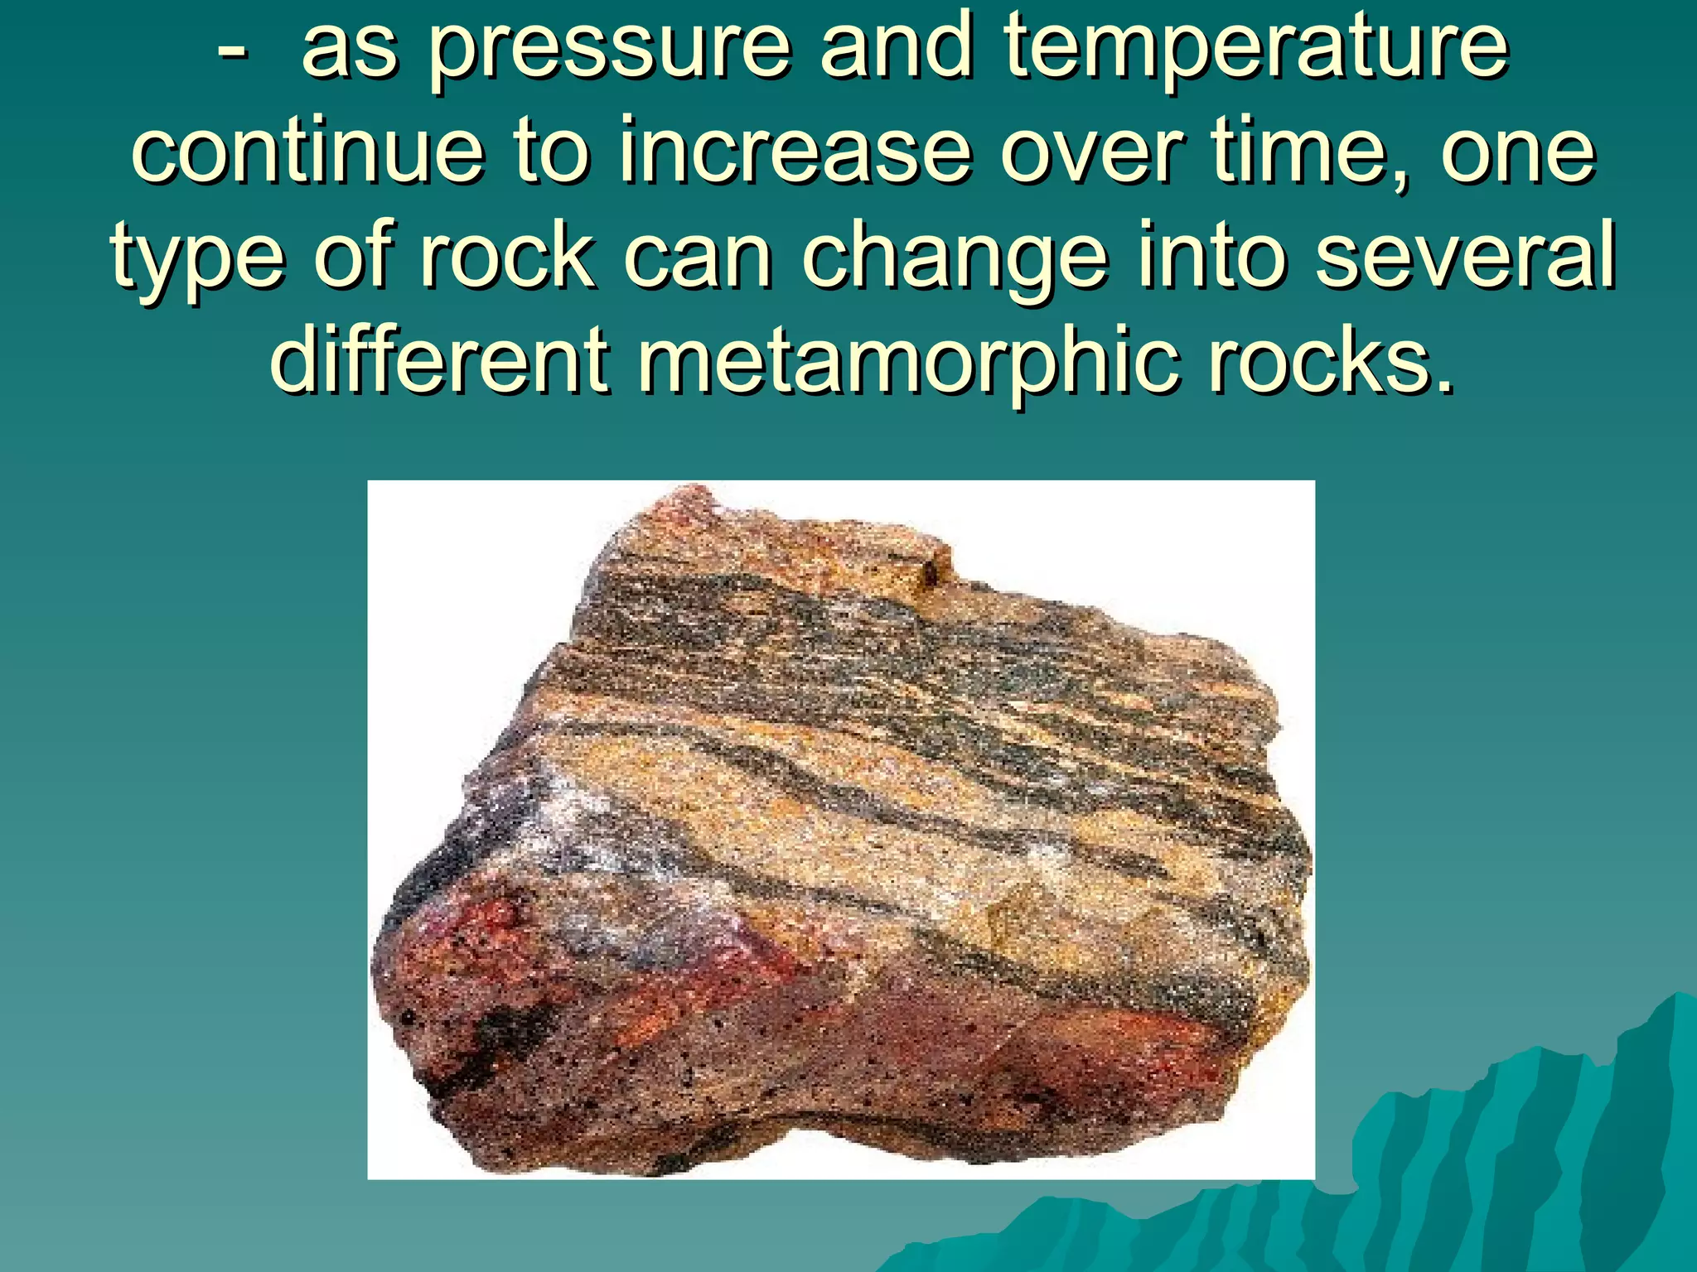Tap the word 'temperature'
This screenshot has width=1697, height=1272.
(x=1256, y=50)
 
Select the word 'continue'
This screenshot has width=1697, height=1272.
(x=307, y=152)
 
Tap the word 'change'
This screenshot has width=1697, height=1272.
(x=954, y=257)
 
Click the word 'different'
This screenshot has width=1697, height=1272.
(x=440, y=361)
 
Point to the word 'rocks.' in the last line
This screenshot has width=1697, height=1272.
(x=1331, y=361)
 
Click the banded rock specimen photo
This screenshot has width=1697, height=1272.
(x=840, y=828)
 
